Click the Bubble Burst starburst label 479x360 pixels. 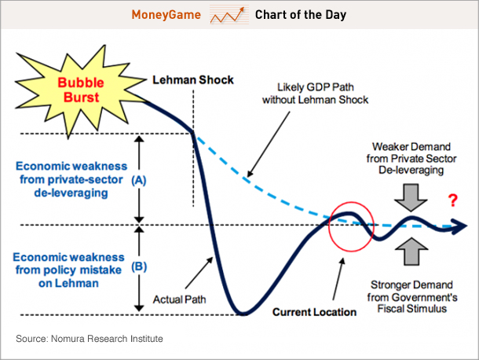pos(82,89)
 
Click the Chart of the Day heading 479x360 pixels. pos(300,15)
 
